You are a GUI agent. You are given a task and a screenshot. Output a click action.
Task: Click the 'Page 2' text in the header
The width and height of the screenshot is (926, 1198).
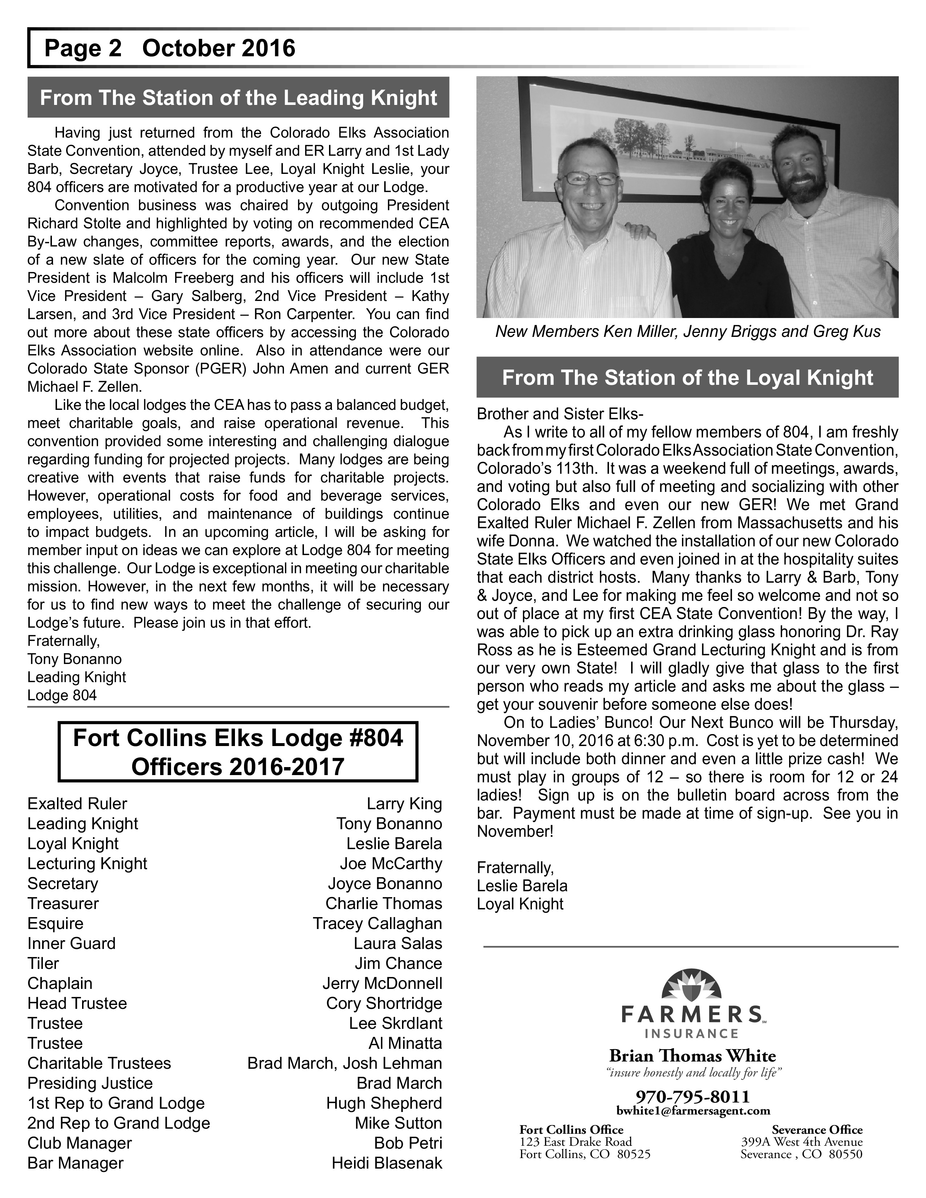pyautogui.click(x=82, y=48)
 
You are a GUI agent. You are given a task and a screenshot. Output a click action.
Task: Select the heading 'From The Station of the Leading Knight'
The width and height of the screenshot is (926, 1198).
pyautogui.click(x=238, y=98)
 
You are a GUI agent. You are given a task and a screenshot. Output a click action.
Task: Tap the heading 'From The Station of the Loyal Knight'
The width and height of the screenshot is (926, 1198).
pyautogui.click(x=687, y=378)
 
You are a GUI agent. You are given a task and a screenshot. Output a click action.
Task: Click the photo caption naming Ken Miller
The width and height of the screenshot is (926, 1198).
pyautogui.click(x=687, y=332)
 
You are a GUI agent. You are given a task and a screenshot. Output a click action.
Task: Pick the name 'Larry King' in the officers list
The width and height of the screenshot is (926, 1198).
pyautogui.click(x=404, y=804)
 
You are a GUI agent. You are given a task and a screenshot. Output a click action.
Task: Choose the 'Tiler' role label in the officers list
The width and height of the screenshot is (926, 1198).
pyautogui.click(x=43, y=963)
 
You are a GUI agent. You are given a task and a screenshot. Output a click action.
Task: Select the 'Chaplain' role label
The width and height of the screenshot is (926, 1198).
pyautogui.click(x=60, y=983)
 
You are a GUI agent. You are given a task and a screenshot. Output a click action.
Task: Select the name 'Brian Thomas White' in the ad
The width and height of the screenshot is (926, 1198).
pyautogui.click(x=692, y=1056)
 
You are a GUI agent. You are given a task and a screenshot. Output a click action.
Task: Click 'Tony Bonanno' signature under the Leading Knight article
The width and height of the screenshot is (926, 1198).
pyautogui.click(x=74, y=659)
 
